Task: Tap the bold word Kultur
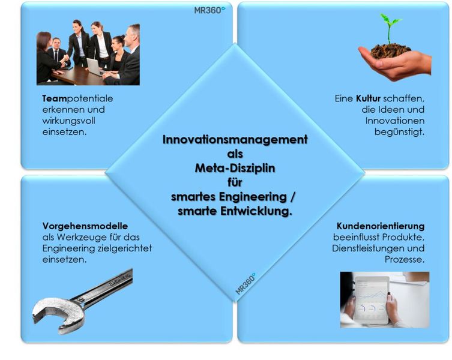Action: click(368, 98)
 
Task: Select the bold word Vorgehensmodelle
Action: click(85, 226)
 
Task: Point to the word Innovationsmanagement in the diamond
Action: click(235, 140)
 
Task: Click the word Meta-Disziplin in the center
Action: click(235, 169)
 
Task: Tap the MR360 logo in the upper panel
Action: click(209, 10)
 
